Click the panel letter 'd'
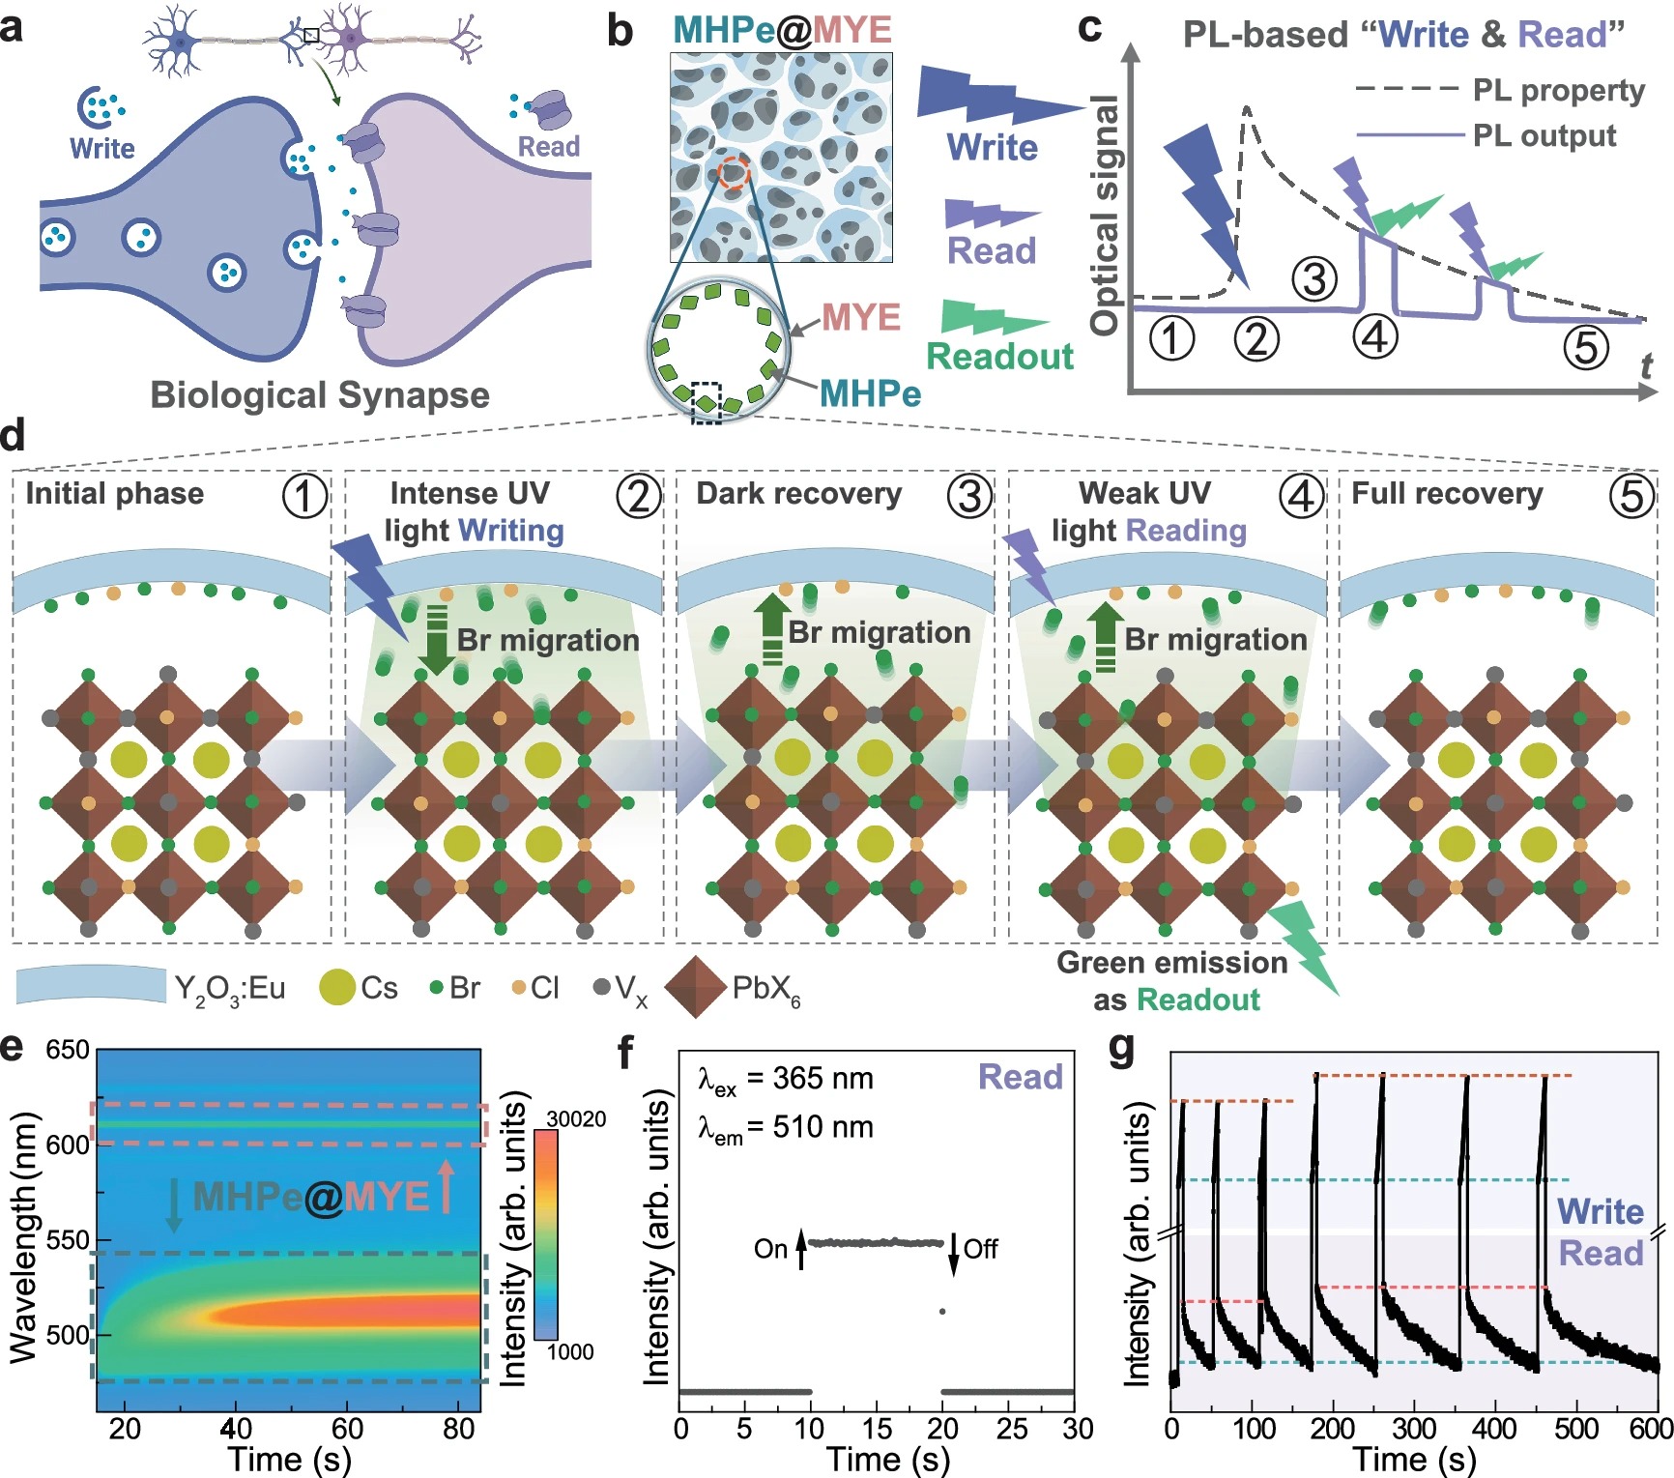13,436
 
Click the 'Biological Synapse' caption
320,395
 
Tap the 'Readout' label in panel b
999,357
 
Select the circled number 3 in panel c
1314,279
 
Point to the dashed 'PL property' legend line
1406,89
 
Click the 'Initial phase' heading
115,494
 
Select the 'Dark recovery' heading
799,494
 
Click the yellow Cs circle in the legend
336,987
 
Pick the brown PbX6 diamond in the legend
695,987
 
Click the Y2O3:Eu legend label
230,988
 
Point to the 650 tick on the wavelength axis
68,1050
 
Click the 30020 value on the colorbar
576,1119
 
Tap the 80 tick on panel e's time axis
458,1429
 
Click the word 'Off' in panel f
980,1249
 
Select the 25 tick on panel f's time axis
1012,1429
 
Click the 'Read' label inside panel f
1020,1077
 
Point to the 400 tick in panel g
1493,1429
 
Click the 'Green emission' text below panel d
1171,963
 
